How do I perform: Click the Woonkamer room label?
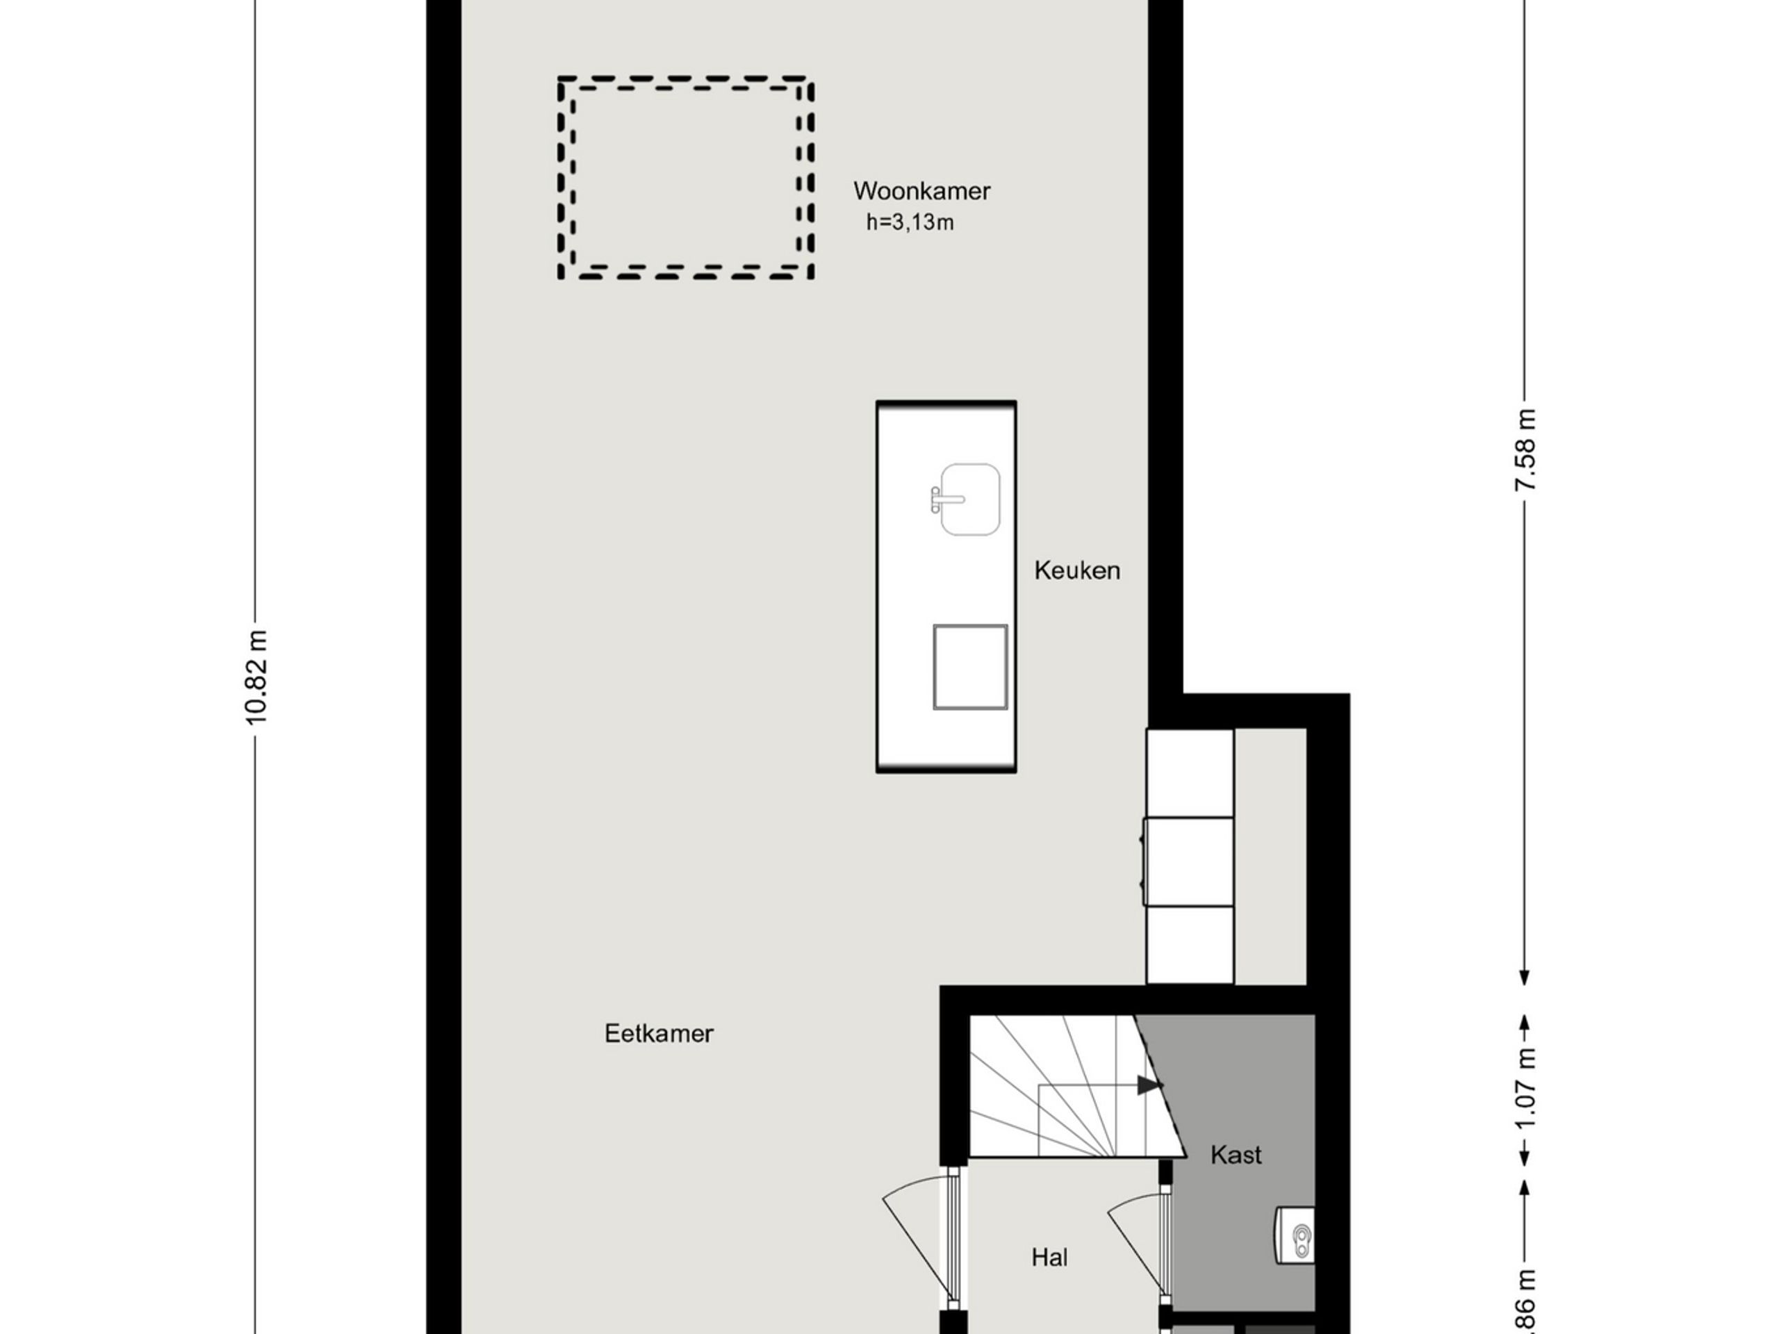click(x=921, y=191)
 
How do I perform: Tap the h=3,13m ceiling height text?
click(x=910, y=223)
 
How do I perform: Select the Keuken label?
click(x=1077, y=571)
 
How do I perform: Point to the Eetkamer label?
click(x=659, y=1034)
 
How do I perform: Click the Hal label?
click(x=1049, y=1257)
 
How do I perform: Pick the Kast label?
click(x=1236, y=1155)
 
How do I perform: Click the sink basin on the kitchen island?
click(x=971, y=500)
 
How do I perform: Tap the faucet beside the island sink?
click(x=941, y=500)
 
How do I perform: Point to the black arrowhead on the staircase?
click(x=1149, y=1085)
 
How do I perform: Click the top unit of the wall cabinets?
click(x=1189, y=773)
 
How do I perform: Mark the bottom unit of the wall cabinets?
click(x=1189, y=944)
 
